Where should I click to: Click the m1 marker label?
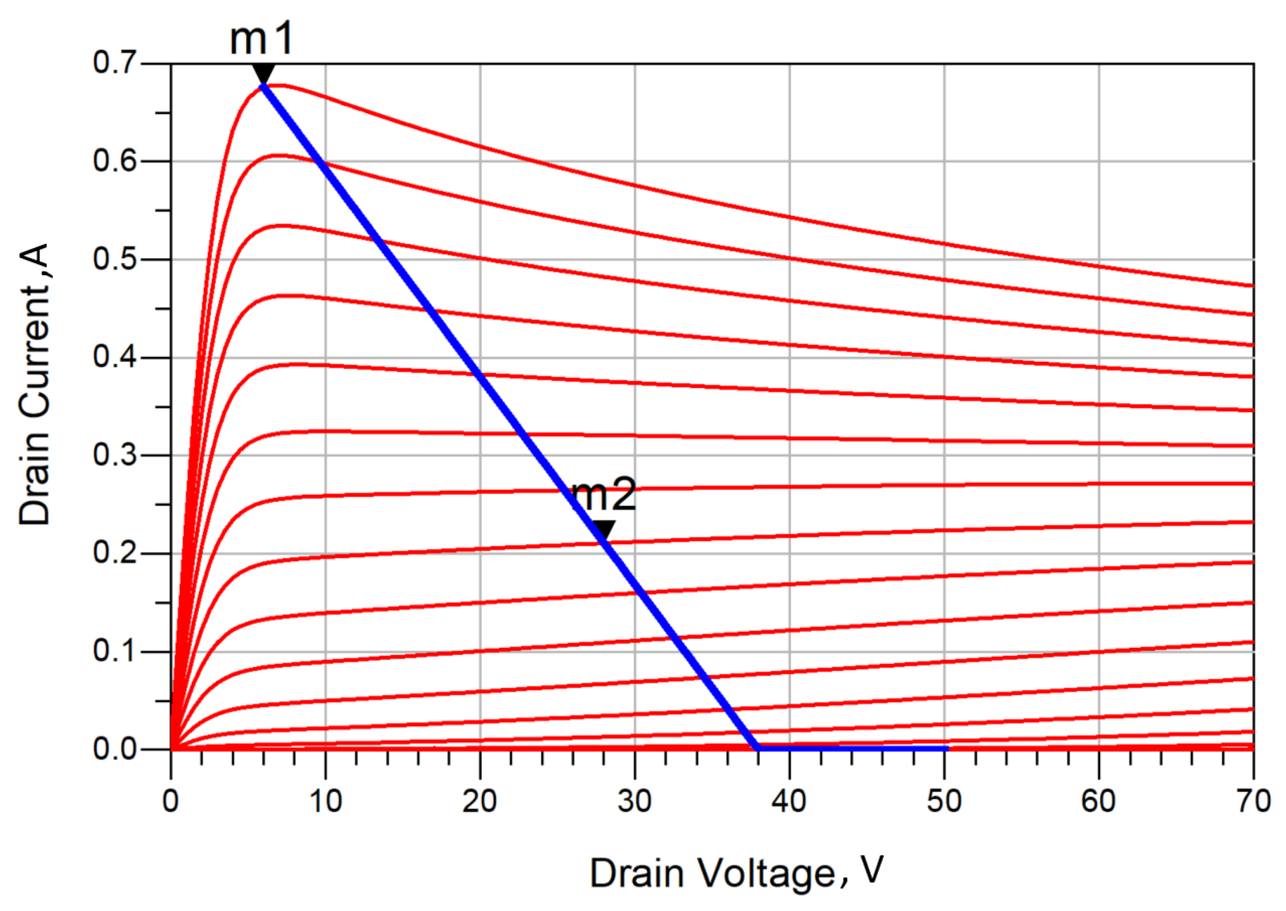tap(261, 39)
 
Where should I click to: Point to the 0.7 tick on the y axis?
tap(115, 63)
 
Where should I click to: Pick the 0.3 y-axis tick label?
tap(115, 455)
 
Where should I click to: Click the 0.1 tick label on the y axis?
tap(115, 651)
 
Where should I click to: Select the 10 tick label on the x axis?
tap(325, 801)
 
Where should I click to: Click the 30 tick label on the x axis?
tap(634, 801)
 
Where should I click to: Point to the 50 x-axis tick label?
tap(944, 801)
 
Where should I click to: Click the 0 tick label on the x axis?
tap(171, 801)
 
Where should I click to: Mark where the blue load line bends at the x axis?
tap(758, 748)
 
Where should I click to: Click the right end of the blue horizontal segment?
tap(947, 748)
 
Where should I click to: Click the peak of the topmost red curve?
tap(279, 85)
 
